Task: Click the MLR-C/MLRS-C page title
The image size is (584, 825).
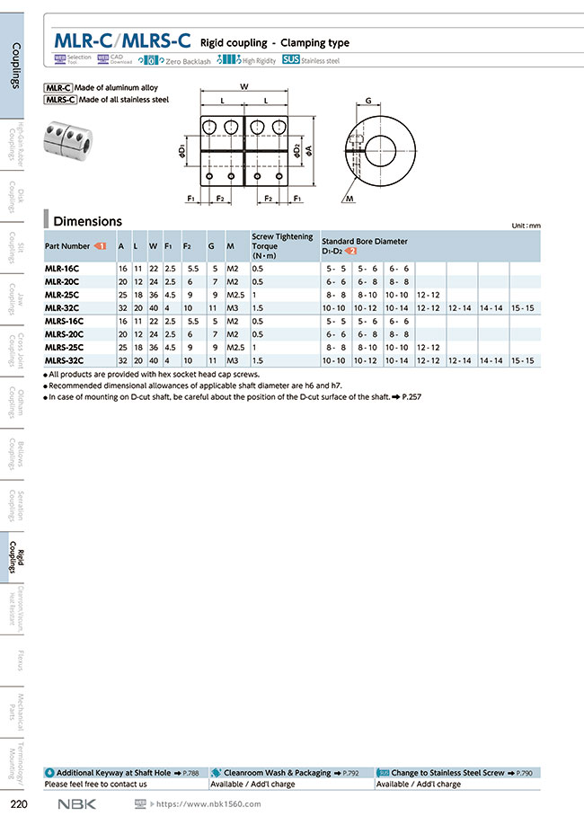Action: pos(122,40)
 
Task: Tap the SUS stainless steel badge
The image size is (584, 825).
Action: pos(290,60)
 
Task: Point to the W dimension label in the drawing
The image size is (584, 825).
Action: pos(244,86)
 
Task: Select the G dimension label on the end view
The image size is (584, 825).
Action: pos(368,102)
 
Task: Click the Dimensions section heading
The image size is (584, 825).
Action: pos(87,221)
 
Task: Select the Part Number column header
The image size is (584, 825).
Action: pos(68,245)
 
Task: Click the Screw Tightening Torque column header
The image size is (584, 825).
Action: pos(282,245)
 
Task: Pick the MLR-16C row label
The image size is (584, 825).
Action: pos(63,269)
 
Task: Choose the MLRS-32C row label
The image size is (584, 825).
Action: pos(65,360)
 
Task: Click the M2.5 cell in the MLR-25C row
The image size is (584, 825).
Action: pos(236,295)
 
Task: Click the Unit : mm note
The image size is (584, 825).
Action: pos(526,226)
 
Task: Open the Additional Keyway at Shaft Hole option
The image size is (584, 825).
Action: pos(113,772)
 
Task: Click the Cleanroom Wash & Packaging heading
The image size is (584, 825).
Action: pos(277,772)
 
